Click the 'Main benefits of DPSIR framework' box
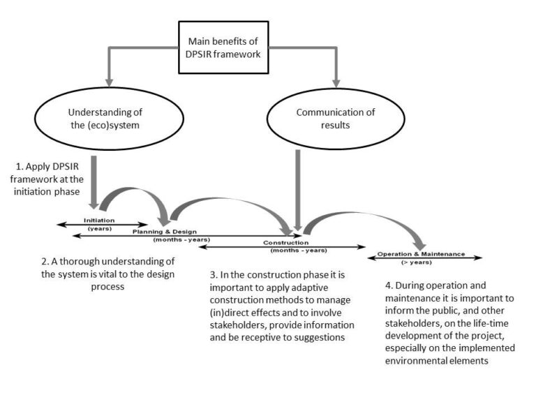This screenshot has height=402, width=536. (x=223, y=47)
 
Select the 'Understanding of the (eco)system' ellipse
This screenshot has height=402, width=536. (x=109, y=119)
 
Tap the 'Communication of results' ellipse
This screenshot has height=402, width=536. (x=336, y=119)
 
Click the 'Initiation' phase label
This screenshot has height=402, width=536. (x=99, y=221)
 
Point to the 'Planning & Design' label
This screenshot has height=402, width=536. (x=165, y=232)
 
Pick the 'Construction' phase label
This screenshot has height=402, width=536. (x=285, y=243)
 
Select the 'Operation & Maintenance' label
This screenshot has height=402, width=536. (x=421, y=254)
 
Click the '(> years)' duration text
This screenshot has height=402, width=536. (x=417, y=262)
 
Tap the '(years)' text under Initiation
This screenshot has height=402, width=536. (x=100, y=229)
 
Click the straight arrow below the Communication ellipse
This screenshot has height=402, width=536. (x=298, y=190)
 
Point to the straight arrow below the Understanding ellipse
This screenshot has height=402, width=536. (x=94, y=183)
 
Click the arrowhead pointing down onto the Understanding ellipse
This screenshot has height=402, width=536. (x=109, y=83)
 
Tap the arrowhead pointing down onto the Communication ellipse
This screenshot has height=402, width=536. (x=336, y=84)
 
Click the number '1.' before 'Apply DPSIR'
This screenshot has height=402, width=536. (x=20, y=167)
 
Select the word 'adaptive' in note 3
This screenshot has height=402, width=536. (x=310, y=288)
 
